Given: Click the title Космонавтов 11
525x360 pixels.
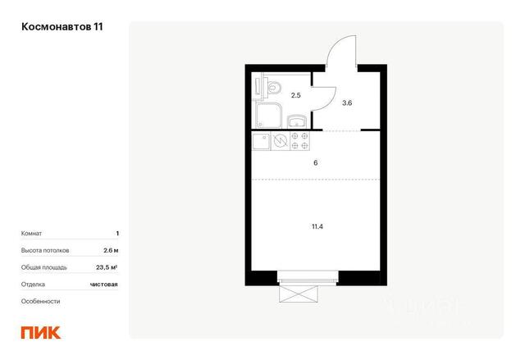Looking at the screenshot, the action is [62, 27].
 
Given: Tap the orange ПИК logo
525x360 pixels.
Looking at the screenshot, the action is [41, 332].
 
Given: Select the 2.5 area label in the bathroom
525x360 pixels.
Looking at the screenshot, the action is [295, 95].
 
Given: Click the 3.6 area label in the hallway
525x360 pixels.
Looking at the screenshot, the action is [347, 103].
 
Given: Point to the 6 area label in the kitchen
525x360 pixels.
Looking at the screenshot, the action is [315, 163].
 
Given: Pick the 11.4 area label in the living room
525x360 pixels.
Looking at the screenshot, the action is [317, 226].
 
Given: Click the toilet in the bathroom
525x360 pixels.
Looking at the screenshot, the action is [272, 88].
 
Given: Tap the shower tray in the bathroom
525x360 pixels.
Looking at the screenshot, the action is [269, 115].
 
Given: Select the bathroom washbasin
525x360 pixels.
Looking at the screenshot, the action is [297, 121].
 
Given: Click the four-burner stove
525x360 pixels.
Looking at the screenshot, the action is [299, 141].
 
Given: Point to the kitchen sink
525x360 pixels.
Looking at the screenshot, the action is [261, 141].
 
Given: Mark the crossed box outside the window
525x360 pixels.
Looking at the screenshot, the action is [298, 294].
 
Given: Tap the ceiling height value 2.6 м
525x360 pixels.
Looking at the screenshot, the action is [111, 250].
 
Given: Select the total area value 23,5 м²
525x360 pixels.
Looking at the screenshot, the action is [107, 267].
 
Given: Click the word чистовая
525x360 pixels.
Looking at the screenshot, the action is [104, 285].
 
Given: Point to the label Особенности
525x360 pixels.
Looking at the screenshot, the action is [40, 301].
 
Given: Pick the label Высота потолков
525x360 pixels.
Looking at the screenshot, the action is [45, 250].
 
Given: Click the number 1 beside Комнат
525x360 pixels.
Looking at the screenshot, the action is [117, 233].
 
